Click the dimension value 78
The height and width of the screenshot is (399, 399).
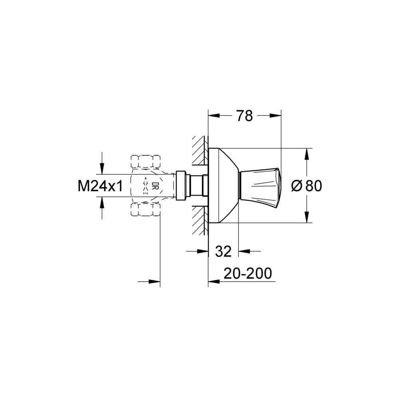pos(244,116)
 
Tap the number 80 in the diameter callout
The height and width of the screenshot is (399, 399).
pos(313,186)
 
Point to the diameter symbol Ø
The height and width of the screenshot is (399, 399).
pos(297,186)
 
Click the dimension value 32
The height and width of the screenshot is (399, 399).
pos(223,251)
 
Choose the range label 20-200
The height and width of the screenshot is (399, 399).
pos(247,274)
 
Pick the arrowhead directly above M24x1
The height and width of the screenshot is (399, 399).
pos(102,168)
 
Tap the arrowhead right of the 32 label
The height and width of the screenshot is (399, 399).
pos(244,251)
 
